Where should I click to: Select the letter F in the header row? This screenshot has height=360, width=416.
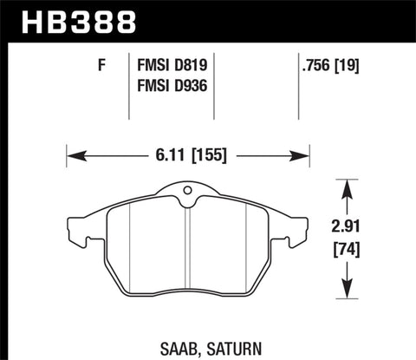[x=102, y=64]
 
